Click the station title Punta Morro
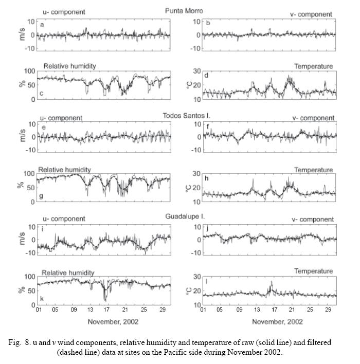(184, 10)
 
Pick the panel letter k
(42, 298)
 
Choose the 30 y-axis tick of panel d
(196, 71)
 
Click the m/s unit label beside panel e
(23, 137)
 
